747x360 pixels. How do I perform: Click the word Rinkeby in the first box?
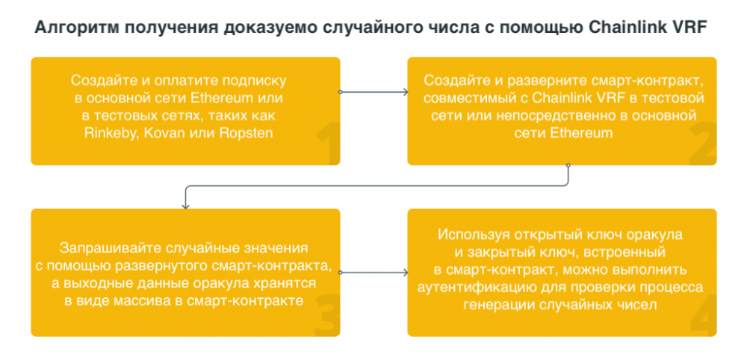(x=108, y=134)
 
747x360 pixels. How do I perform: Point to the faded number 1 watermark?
(x=328, y=143)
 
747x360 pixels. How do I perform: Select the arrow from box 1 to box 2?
(x=373, y=92)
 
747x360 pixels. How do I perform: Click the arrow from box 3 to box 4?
(x=373, y=273)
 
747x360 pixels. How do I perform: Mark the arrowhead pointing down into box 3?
(x=185, y=205)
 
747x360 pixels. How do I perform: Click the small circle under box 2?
(x=568, y=165)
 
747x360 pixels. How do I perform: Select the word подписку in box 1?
(x=257, y=81)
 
